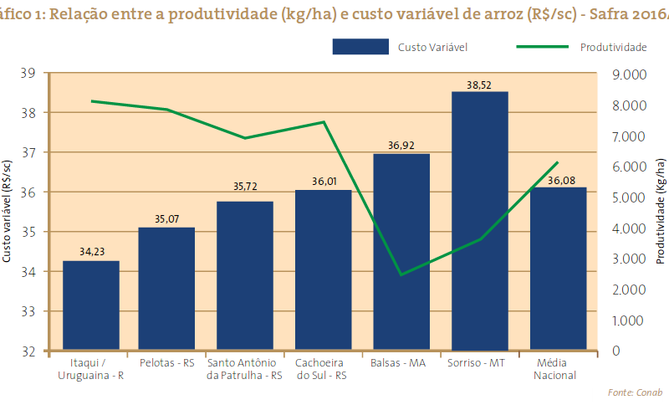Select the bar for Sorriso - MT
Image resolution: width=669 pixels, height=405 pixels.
coord(479,221)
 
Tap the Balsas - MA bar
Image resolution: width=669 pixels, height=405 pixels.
coord(401,252)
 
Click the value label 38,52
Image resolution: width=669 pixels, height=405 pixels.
coord(479,85)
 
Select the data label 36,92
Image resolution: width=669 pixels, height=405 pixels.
coord(401,146)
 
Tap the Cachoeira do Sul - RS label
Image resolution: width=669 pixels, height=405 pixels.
coord(323,369)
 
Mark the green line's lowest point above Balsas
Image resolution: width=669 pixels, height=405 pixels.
coord(401,274)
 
